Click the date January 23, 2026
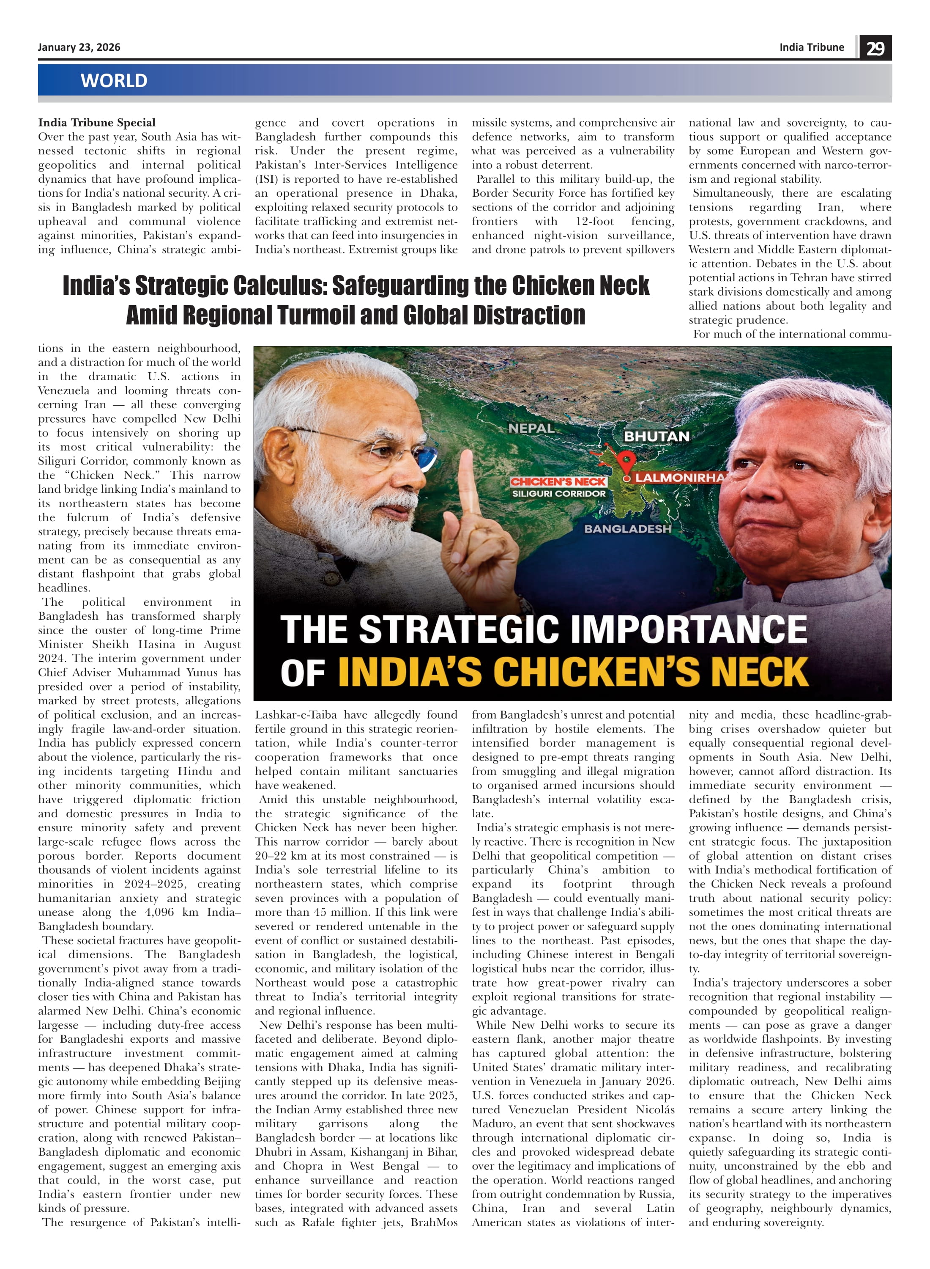[x=79, y=47]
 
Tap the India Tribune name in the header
[x=811, y=47]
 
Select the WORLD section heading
[x=114, y=80]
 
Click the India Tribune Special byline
[x=97, y=123]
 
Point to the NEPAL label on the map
[x=531, y=428]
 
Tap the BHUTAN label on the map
[x=656, y=437]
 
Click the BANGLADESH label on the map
[x=628, y=529]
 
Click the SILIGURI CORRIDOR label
[x=558, y=493]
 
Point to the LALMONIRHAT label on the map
[x=680, y=478]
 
